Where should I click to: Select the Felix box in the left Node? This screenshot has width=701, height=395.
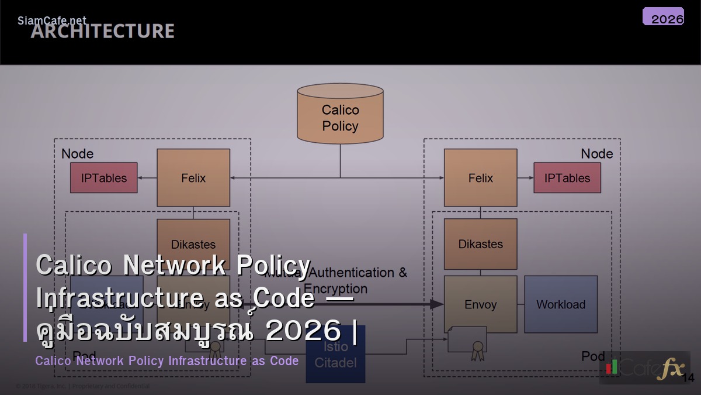click(x=193, y=178)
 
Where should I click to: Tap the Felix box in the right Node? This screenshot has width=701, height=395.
click(x=480, y=178)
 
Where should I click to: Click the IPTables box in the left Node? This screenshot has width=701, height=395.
click(x=104, y=178)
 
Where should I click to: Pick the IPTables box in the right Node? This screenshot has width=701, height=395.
click(x=567, y=178)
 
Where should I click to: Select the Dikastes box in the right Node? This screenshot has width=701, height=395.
click(x=480, y=244)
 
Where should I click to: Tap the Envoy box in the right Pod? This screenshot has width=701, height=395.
click(x=480, y=304)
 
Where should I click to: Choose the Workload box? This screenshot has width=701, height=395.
click(x=561, y=304)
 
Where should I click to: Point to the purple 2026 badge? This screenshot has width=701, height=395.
click(x=664, y=17)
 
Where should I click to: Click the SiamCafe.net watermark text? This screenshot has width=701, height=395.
click(x=52, y=20)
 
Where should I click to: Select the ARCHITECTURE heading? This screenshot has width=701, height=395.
click(x=103, y=32)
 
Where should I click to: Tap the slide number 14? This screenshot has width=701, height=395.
click(x=688, y=377)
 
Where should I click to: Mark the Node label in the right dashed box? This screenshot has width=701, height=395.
click(x=596, y=153)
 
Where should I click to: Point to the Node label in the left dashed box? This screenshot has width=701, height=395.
click(x=77, y=153)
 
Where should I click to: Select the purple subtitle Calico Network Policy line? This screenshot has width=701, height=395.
click(x=167, y=360)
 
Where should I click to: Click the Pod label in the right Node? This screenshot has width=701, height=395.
click(x=593, y=356)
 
